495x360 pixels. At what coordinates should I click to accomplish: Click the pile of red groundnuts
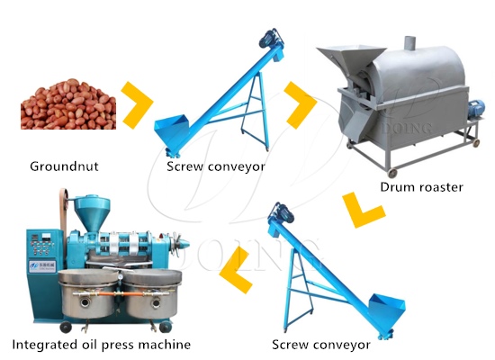pyautogui.click(x=68, y=104)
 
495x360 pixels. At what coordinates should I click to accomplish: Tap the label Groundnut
pyautogui.click(x=64, y=166)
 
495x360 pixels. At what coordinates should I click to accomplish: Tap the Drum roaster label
pyautogui.click(x=422, y=187)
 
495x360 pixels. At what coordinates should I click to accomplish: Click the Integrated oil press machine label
pyautogui.click(x=102, y=345)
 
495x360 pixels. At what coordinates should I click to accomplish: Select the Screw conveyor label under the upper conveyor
pyautogui.click(x=216, y=166)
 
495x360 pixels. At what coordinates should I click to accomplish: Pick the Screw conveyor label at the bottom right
pyautogui.click(x=321, y=345)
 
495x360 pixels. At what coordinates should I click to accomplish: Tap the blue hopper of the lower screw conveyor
pyautogui.click(x=387, y=310)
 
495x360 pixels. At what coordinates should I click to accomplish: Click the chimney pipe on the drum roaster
pyautogui.click(x=409, y=42)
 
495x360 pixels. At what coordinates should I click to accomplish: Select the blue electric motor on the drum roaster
pyautogui.click(x=475, y=109)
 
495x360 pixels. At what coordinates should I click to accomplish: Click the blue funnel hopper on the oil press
pyautogui.click(x=92, y=213)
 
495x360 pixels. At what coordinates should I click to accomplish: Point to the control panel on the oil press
pyautogui.click(x=43, y=243)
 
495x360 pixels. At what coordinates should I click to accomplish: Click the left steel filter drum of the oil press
pyautogui.click(x=88, y=293)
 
